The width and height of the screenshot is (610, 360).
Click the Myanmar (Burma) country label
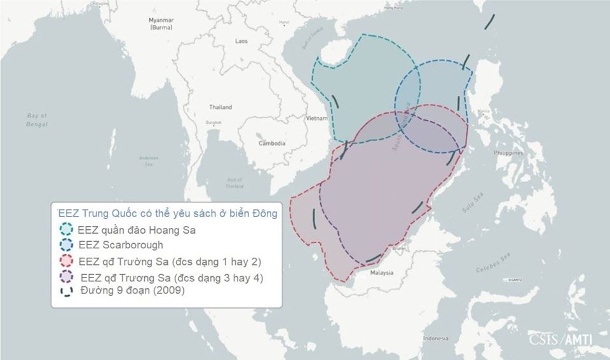(x=161, y=23)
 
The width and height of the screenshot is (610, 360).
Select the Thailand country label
(x=220, y=107)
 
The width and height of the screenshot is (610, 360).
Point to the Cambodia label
(x=272, y=143)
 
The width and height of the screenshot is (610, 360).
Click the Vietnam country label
(x=316, y=119)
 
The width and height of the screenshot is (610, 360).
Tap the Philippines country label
(x=509, y=153)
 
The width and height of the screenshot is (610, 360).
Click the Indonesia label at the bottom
(x=436, y=338)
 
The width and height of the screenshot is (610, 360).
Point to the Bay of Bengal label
(x=37, y=119)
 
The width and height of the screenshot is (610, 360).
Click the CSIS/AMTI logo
(x=560, y=340)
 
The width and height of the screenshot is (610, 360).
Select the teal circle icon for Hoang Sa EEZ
(x=66, y=230)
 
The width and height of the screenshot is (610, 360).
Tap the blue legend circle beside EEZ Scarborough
(x=66, y=246)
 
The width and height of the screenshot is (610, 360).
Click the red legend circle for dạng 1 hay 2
(x=66, y=261)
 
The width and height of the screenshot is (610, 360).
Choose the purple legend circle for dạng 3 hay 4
(x=66, y=277)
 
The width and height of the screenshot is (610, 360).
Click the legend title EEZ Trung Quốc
(x=167, y=214)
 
